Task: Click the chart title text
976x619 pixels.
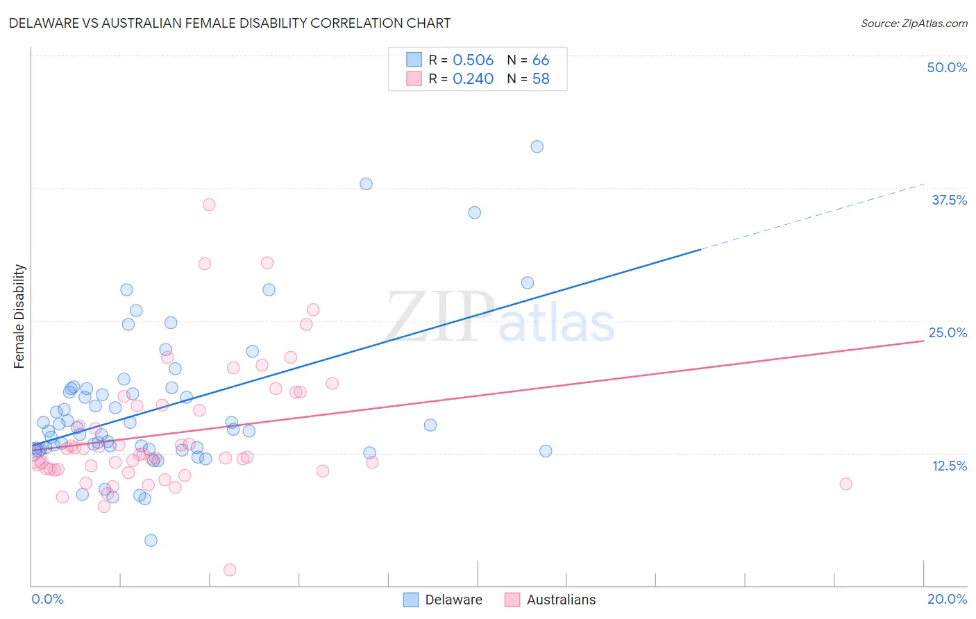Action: pos(230,24)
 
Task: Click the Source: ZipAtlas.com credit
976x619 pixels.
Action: pos(914,24)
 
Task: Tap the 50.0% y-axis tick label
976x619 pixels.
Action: pos(947,67)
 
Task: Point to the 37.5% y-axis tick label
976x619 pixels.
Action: pos(949,200)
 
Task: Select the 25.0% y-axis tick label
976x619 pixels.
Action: pos(948,332)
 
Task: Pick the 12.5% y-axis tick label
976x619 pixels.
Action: pos(949,465)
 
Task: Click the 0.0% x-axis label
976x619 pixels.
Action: pos(47,599)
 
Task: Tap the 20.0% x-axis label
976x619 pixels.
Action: pos(947,599)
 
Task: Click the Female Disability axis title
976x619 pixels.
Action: pos(19,316)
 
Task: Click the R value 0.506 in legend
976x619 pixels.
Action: pos(473,60)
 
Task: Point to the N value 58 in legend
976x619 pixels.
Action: pos(541,79)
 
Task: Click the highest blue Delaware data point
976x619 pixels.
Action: pos(537,146)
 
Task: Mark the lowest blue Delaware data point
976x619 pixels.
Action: pos(151,541)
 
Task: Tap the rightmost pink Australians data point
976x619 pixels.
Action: pos(845,484)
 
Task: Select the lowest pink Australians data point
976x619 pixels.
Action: pos(230,570)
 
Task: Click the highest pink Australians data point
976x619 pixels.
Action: pos(209,205)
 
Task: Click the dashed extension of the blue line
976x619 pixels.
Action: pos(812,216)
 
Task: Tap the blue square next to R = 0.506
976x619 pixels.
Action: pos(414,60)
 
